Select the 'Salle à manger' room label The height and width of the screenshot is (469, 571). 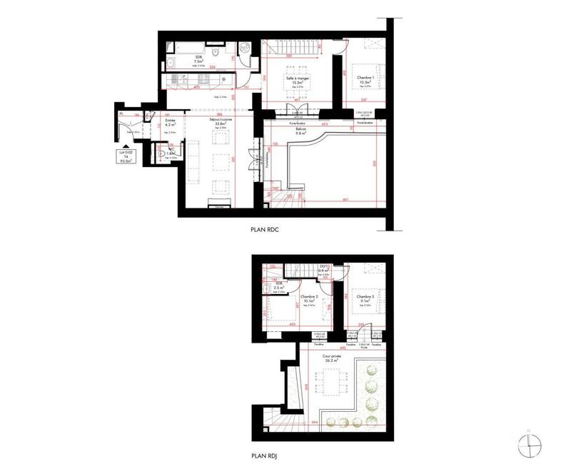294,77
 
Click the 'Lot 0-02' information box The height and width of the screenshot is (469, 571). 129,157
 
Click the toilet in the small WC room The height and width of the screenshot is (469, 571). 161,153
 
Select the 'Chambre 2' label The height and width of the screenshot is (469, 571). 308,296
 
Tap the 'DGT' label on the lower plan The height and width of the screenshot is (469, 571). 323,266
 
